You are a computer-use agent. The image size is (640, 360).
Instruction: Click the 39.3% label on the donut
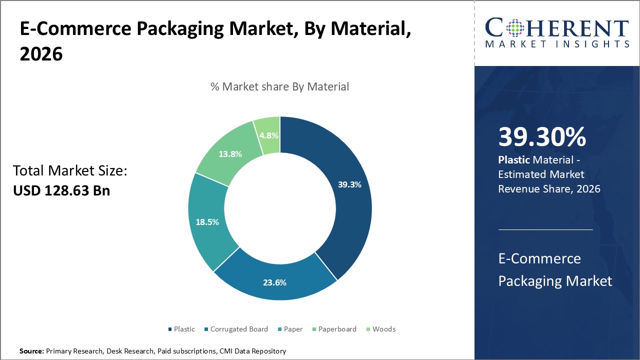point(349,184)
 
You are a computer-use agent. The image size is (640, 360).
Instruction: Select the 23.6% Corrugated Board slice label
point(274,282)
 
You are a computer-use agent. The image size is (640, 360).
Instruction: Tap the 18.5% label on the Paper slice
point(207,222)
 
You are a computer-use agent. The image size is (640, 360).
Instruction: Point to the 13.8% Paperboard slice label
point(230,154)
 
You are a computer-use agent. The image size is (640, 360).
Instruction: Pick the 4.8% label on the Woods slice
point(269,135)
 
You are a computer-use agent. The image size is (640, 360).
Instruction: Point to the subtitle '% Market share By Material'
point(279,86)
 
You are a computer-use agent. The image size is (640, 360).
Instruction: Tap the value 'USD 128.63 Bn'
point(61,190)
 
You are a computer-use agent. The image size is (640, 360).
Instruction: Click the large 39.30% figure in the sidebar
point(542,137)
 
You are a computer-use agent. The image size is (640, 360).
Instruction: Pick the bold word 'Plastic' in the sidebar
point(514,160)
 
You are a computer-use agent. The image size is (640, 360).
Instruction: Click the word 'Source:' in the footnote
point(31,351)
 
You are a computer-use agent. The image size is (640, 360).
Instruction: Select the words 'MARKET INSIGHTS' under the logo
point(557,44)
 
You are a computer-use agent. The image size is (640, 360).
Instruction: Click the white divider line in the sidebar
point(545,230)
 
